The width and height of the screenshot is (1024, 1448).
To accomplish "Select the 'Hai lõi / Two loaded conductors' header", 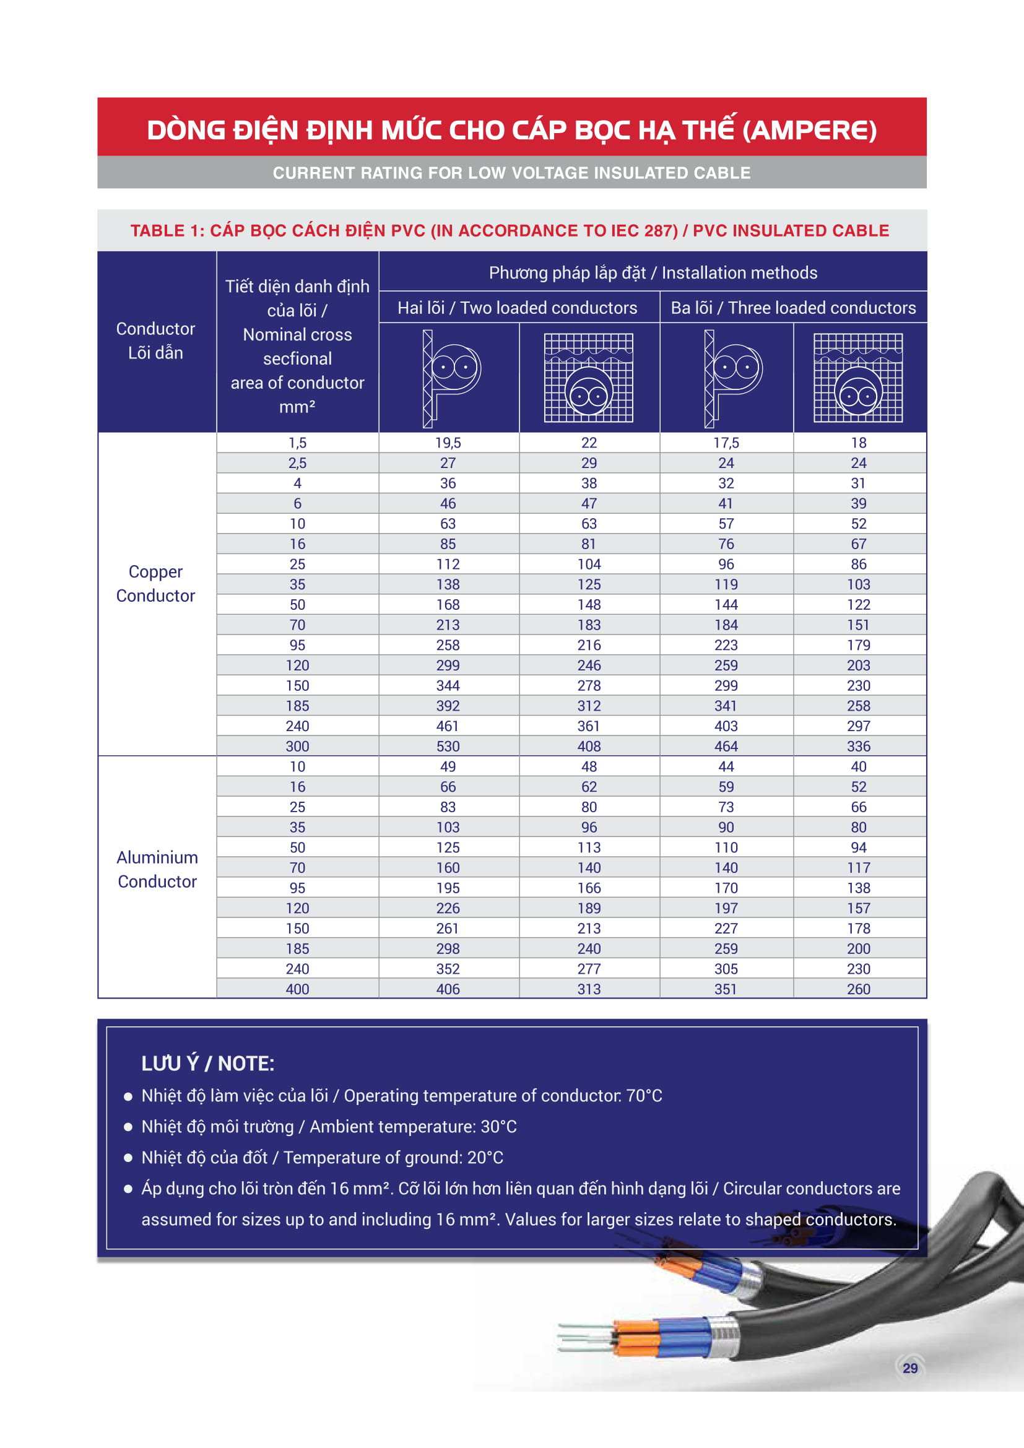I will (517, 308).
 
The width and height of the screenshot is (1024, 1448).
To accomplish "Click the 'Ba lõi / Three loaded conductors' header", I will (792, 308).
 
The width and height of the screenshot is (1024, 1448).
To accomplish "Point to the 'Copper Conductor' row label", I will (156, 583).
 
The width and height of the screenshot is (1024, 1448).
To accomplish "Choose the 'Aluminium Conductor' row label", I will (157, 869).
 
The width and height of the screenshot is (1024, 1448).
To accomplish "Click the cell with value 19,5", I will (448, 443).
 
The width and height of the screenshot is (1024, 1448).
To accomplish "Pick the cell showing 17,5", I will (726, 443).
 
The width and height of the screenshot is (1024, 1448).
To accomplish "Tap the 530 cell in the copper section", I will (448, 746).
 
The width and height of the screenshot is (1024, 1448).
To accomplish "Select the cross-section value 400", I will (297, 989).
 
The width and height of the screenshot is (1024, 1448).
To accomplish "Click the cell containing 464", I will (726, 746).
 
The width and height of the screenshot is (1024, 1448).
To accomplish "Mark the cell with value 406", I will (448, 989).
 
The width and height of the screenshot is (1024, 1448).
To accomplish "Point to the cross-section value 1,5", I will (297, 443).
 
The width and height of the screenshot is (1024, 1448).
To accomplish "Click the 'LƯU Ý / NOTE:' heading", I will (207, 1064).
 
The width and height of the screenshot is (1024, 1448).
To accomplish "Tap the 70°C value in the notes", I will (644, 1096).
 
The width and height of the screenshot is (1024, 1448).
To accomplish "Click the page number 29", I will (910, 1368).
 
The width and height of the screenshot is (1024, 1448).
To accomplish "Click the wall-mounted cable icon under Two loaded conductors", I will (449, 378).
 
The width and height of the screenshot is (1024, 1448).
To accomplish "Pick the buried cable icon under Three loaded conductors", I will (857, 378).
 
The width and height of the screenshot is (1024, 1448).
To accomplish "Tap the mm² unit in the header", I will (297, 407).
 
